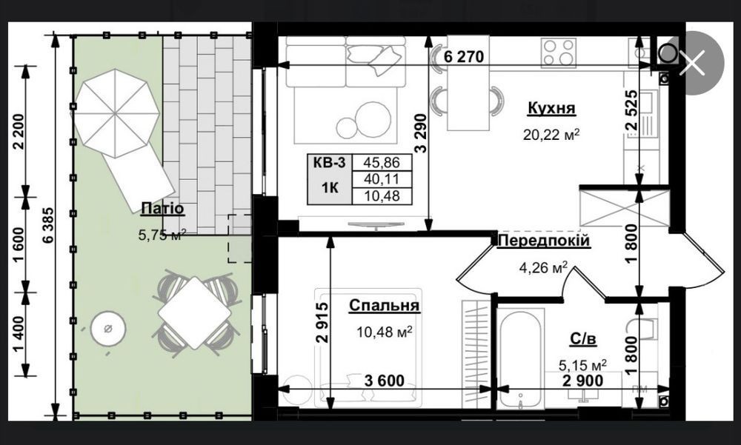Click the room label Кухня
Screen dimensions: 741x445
click(x=551, y=108)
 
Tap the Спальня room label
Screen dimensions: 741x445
click(x=384, y=306)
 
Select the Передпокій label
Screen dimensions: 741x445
click(x=544, y=241)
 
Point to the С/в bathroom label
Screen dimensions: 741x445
click(x=583, y=338)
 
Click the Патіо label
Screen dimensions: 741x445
click(x=162, y=208)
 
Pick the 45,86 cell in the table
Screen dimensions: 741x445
click(x=382, y=162)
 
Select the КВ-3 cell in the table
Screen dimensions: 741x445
click(x=330, y=163)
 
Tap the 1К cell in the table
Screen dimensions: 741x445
click(x=330, y=187)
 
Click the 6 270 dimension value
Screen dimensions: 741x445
click(x=464, y=57)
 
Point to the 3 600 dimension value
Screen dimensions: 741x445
click(x=384, y=381)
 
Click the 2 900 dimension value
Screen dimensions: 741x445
click(x=582, y=381)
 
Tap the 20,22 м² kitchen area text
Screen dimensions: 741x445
click(x=551, y=135)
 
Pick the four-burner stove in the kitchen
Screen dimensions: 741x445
click(x=559, y=52)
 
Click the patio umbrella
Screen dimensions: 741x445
click(x=116, y=113)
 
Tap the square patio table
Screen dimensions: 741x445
click(x=195, y=312)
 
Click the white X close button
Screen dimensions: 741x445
click(x=692, y=63)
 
